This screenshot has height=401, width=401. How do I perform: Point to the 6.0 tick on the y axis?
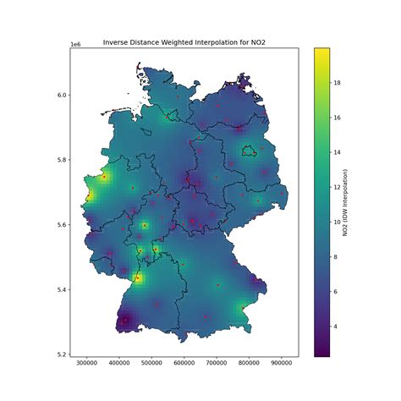pyautogui.click(x=62, y=95)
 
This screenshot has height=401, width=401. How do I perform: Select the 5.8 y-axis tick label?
pyautogui.click(x=62, y=160)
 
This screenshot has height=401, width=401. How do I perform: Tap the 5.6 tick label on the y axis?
pyautogui.click(x=62, y=225)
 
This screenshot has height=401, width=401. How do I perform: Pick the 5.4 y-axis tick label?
pyautogui.click(x=62, y=289)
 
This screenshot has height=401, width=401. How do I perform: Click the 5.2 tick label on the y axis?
pyautogui.click(x=62, y=354)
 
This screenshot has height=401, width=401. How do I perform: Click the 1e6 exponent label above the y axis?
pyautogui.click(x=74, y=44)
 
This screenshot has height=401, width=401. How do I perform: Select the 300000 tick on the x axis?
pyautogui.click(x=86, y=364)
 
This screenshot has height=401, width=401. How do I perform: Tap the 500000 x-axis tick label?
pyautogui.click(x=151, y=364)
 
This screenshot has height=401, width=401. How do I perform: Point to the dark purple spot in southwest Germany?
pyautogui.click(x=124, y=321)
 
